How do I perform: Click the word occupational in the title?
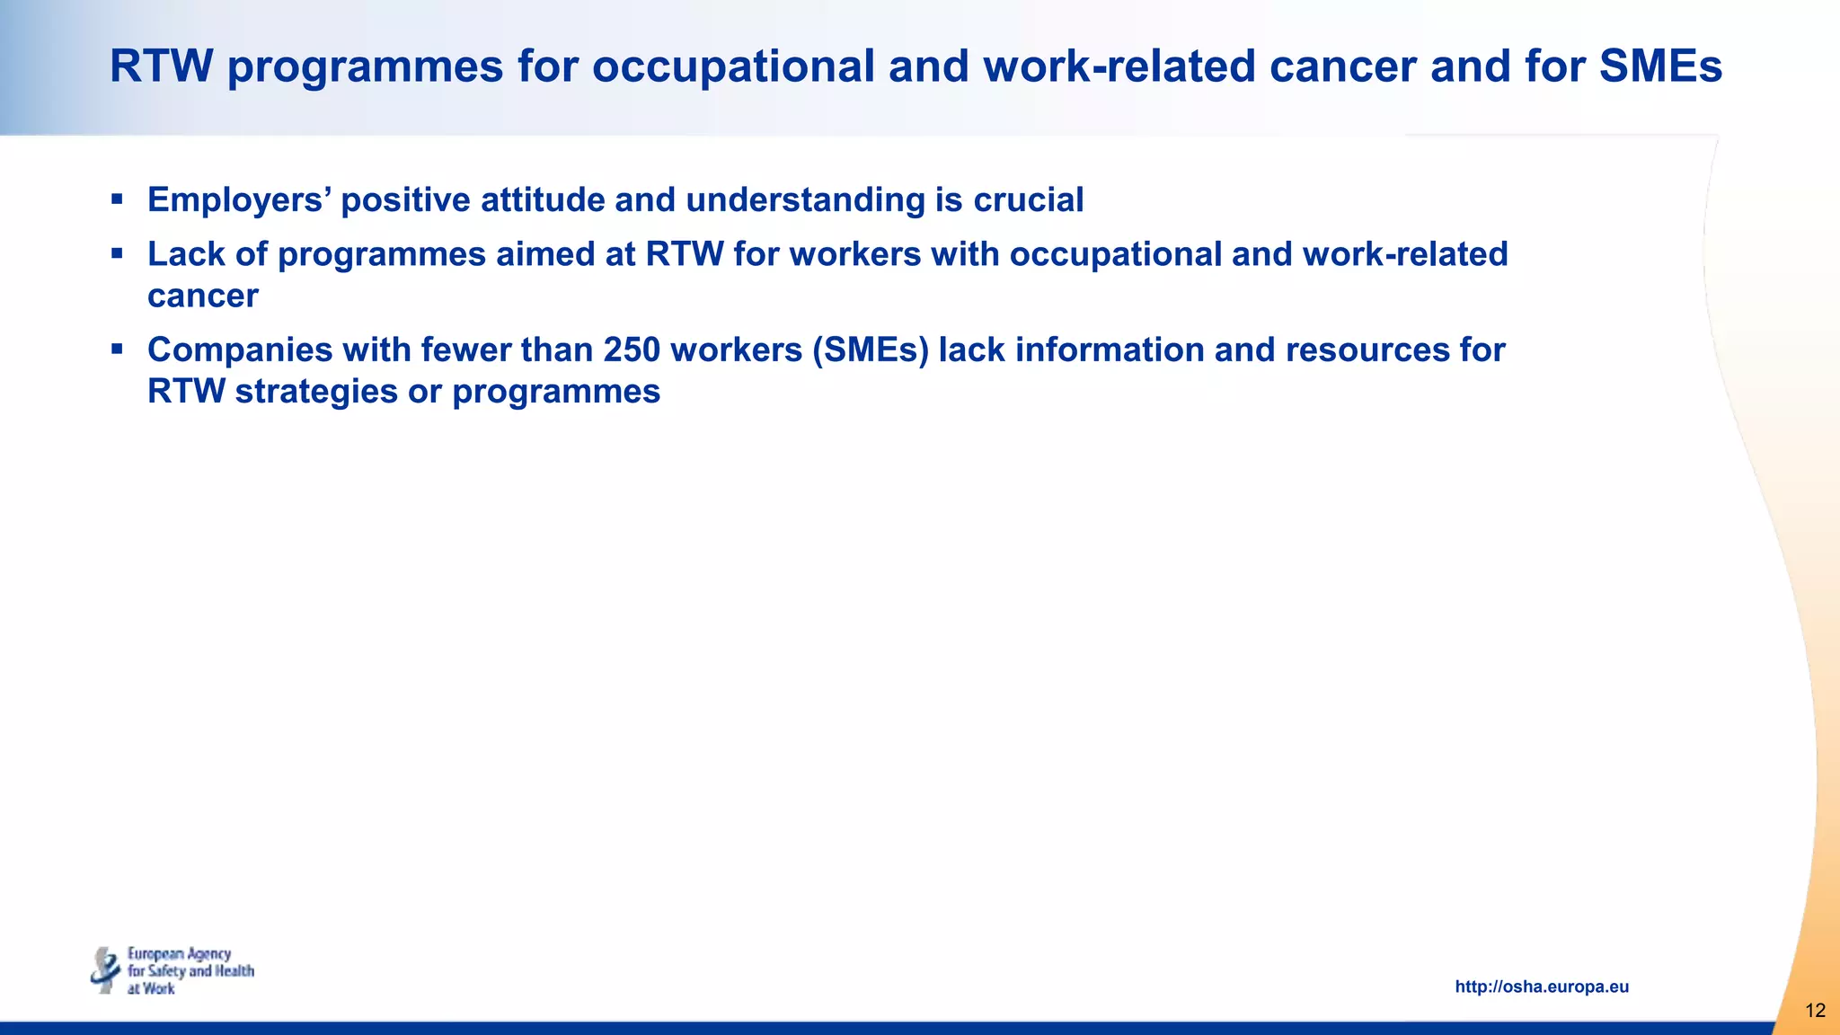pos(733,66)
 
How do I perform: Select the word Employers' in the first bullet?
pos(239,199)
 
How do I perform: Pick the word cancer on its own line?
pos(203,296)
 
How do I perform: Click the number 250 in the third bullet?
pos(632,349)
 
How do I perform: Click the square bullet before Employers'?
pos(117,198)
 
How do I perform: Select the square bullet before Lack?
pos(117,252)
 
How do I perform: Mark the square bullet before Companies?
pos(117,348)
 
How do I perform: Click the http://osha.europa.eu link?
pos(1542,986)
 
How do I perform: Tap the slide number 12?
pos(1815,1011)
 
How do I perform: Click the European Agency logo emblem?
pos(106,970)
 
